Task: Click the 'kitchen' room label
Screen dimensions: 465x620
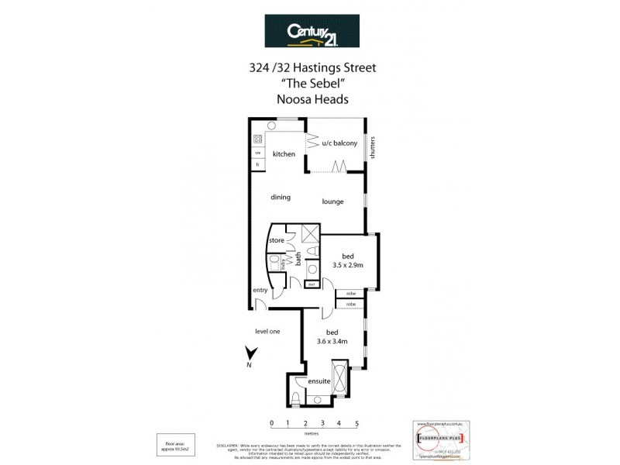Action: [284, 154]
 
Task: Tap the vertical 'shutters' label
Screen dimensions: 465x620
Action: [373, 147]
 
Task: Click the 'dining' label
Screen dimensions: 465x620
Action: [281, 197]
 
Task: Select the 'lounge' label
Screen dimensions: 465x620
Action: [333, 202]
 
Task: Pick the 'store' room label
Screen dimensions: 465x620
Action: [276, 241]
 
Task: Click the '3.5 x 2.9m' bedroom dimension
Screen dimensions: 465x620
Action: [347, 265]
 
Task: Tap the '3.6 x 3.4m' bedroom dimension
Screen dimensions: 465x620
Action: [332, 340]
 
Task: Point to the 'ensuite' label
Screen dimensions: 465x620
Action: [319, 381]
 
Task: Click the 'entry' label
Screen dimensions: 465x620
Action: [260, 290]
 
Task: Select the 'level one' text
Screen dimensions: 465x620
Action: [267, 332]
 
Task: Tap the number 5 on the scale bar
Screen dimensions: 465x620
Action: [357, 423]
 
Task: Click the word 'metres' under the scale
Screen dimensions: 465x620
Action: [314, 434]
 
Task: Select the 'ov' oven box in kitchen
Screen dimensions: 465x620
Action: [258, 153]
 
